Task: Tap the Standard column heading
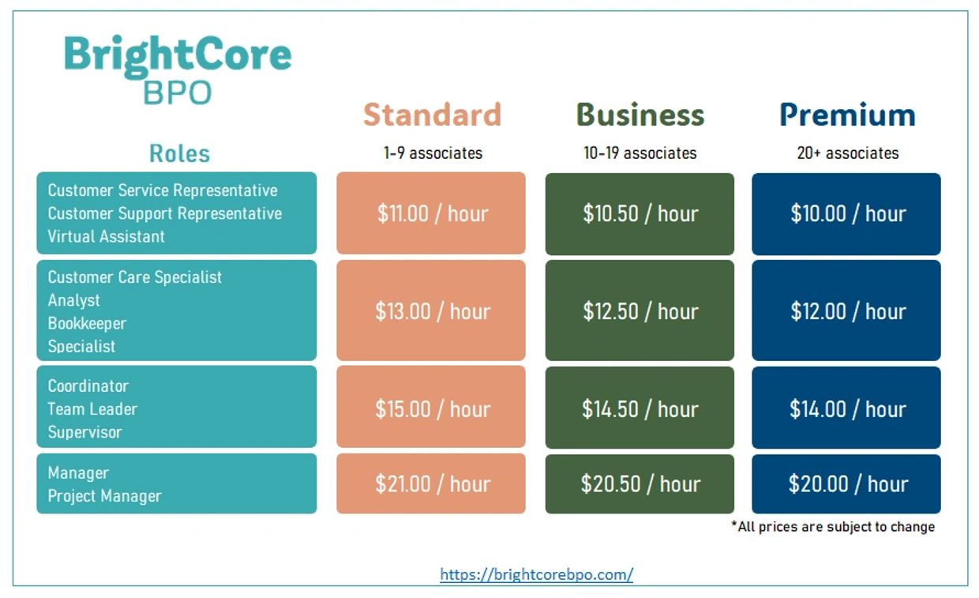432,115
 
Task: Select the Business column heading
640,115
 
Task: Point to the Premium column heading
847,115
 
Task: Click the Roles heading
180,153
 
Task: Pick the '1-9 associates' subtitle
433,153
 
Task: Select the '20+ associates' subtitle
848,153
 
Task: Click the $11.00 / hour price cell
431,213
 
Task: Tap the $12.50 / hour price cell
640,310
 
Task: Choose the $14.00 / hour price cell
846,408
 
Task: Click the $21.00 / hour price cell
431,483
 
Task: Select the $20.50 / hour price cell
640,483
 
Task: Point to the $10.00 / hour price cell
846,214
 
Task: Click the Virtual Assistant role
107,237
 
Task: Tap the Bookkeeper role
87,324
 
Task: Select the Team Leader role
92,409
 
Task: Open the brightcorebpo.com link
537,574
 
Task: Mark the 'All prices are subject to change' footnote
833,527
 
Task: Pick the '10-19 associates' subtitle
640,153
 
